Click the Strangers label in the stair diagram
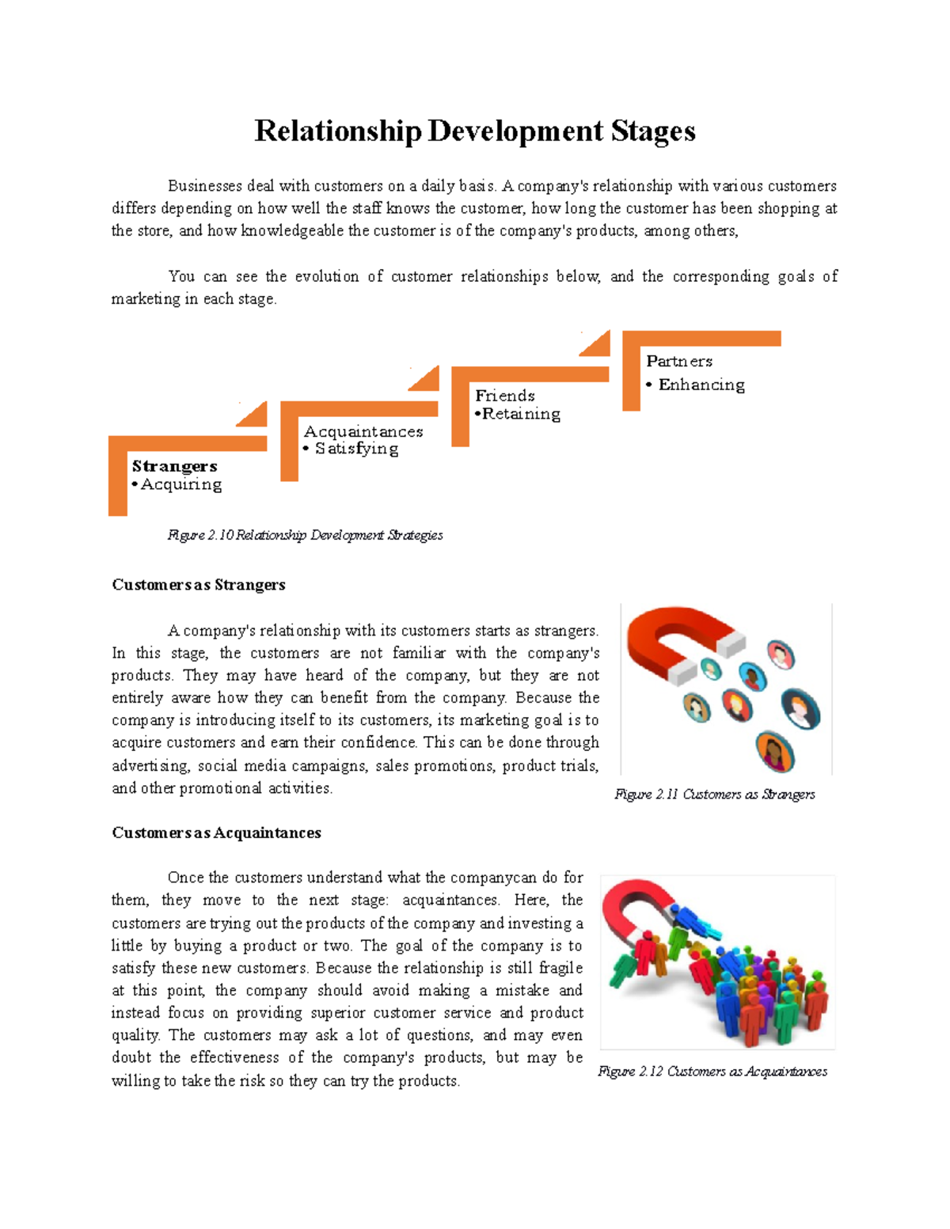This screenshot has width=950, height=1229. [x=174, y=466]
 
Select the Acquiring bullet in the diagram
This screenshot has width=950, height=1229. [x=180, y=484]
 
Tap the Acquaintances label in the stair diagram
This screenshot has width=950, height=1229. [x=363, y=431]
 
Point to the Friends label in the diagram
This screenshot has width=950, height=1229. [x=505, y=396]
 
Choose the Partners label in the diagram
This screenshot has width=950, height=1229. [x=679, y=361]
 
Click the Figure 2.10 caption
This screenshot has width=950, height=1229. [x=305, y=535]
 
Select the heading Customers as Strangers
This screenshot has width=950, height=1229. [x=199, y=585]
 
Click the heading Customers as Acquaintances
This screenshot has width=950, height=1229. [x=216, y=833]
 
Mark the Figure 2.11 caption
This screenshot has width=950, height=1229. [x=714, y=794]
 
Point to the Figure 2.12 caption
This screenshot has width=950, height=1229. [x=712, y=1071]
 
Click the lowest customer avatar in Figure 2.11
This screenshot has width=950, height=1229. [x=774, y=752]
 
